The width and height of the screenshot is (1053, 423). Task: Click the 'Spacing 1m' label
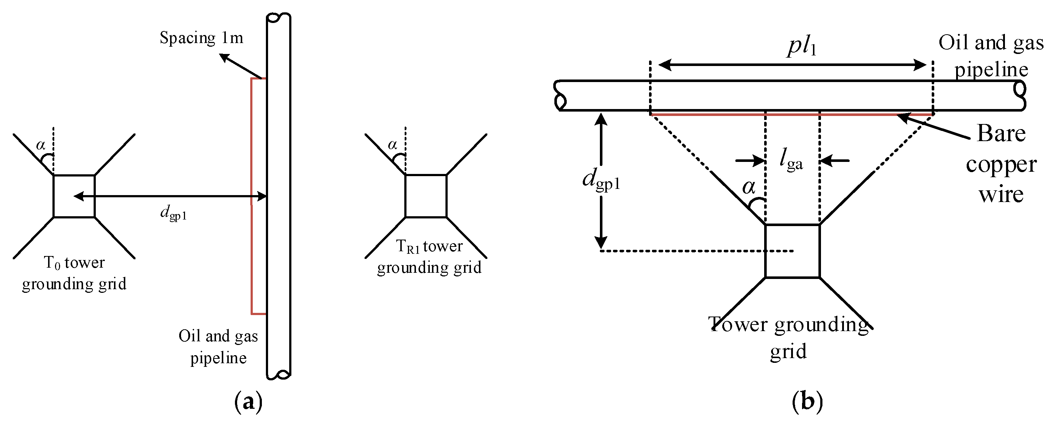tap(201, 38)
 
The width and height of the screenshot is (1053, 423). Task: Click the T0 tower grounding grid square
tap(74, 196)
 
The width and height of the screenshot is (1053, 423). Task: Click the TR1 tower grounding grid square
tap(425, 196)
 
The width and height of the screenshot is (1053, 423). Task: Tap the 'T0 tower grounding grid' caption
tap(74, 273)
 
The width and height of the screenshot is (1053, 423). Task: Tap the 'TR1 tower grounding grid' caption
tap(429, 256)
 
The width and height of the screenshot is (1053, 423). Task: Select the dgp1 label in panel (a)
tap(173, 213)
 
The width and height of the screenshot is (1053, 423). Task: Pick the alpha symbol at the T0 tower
tap(40, 145)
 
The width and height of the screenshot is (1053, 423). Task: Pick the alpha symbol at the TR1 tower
tap(392, 144)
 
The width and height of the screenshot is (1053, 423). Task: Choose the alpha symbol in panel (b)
tap(749, 187)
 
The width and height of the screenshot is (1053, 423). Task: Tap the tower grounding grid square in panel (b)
tap(792, 251)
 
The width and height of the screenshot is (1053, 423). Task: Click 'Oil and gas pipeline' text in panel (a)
tap(218, 346)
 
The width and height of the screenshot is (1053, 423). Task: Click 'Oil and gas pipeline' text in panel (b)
tap(991, 56)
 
